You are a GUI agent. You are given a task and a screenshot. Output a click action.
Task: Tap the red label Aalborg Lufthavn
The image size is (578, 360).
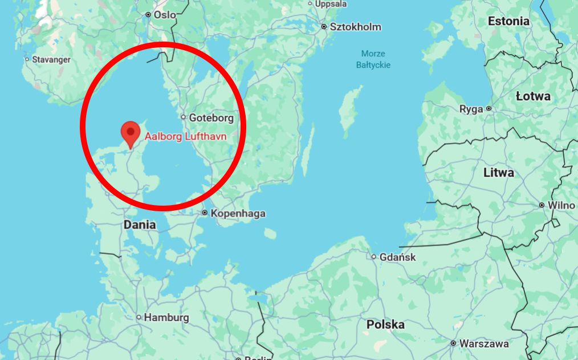tap(185, 137)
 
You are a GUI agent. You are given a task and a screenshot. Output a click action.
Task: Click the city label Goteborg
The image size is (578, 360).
tap(211, 118)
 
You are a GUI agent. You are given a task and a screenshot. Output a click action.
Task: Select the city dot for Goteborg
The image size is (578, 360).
tap(183, 117)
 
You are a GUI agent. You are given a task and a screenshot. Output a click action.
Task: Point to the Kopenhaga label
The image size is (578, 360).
tap(238, 214)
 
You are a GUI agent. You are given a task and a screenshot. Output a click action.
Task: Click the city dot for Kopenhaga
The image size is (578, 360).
tap(205, 213)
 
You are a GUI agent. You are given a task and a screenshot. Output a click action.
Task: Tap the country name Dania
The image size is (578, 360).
tap(140, 224)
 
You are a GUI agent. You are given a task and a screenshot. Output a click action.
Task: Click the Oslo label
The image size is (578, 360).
tap(165, 15)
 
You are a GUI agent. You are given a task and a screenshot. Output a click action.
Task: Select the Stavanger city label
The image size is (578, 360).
tap(51, 59)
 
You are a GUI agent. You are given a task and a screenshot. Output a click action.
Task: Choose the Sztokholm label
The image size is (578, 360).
tap(356, 27)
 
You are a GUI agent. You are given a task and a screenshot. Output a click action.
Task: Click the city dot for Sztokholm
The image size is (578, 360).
tap(324, 27)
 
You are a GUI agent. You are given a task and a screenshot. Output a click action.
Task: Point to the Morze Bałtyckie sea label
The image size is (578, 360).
tap(373, 59)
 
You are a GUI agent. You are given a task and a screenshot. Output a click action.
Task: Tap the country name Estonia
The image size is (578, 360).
tap(508, 21)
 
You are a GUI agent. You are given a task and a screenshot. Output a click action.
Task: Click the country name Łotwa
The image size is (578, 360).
tap(533, 96)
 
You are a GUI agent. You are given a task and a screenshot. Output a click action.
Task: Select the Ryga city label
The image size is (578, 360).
tap(471, 109)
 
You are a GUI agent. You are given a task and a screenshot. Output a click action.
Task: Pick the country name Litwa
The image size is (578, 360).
tap(498, 172)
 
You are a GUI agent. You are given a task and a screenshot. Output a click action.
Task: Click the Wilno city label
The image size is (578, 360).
tap(561, 205)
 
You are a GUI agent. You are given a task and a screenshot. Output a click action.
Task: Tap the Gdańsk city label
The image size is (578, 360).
tap(398, 257)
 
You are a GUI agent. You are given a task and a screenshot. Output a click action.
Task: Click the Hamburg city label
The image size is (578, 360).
tap(166, 317)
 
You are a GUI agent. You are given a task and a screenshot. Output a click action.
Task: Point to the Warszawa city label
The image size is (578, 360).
tap(484, 343)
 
